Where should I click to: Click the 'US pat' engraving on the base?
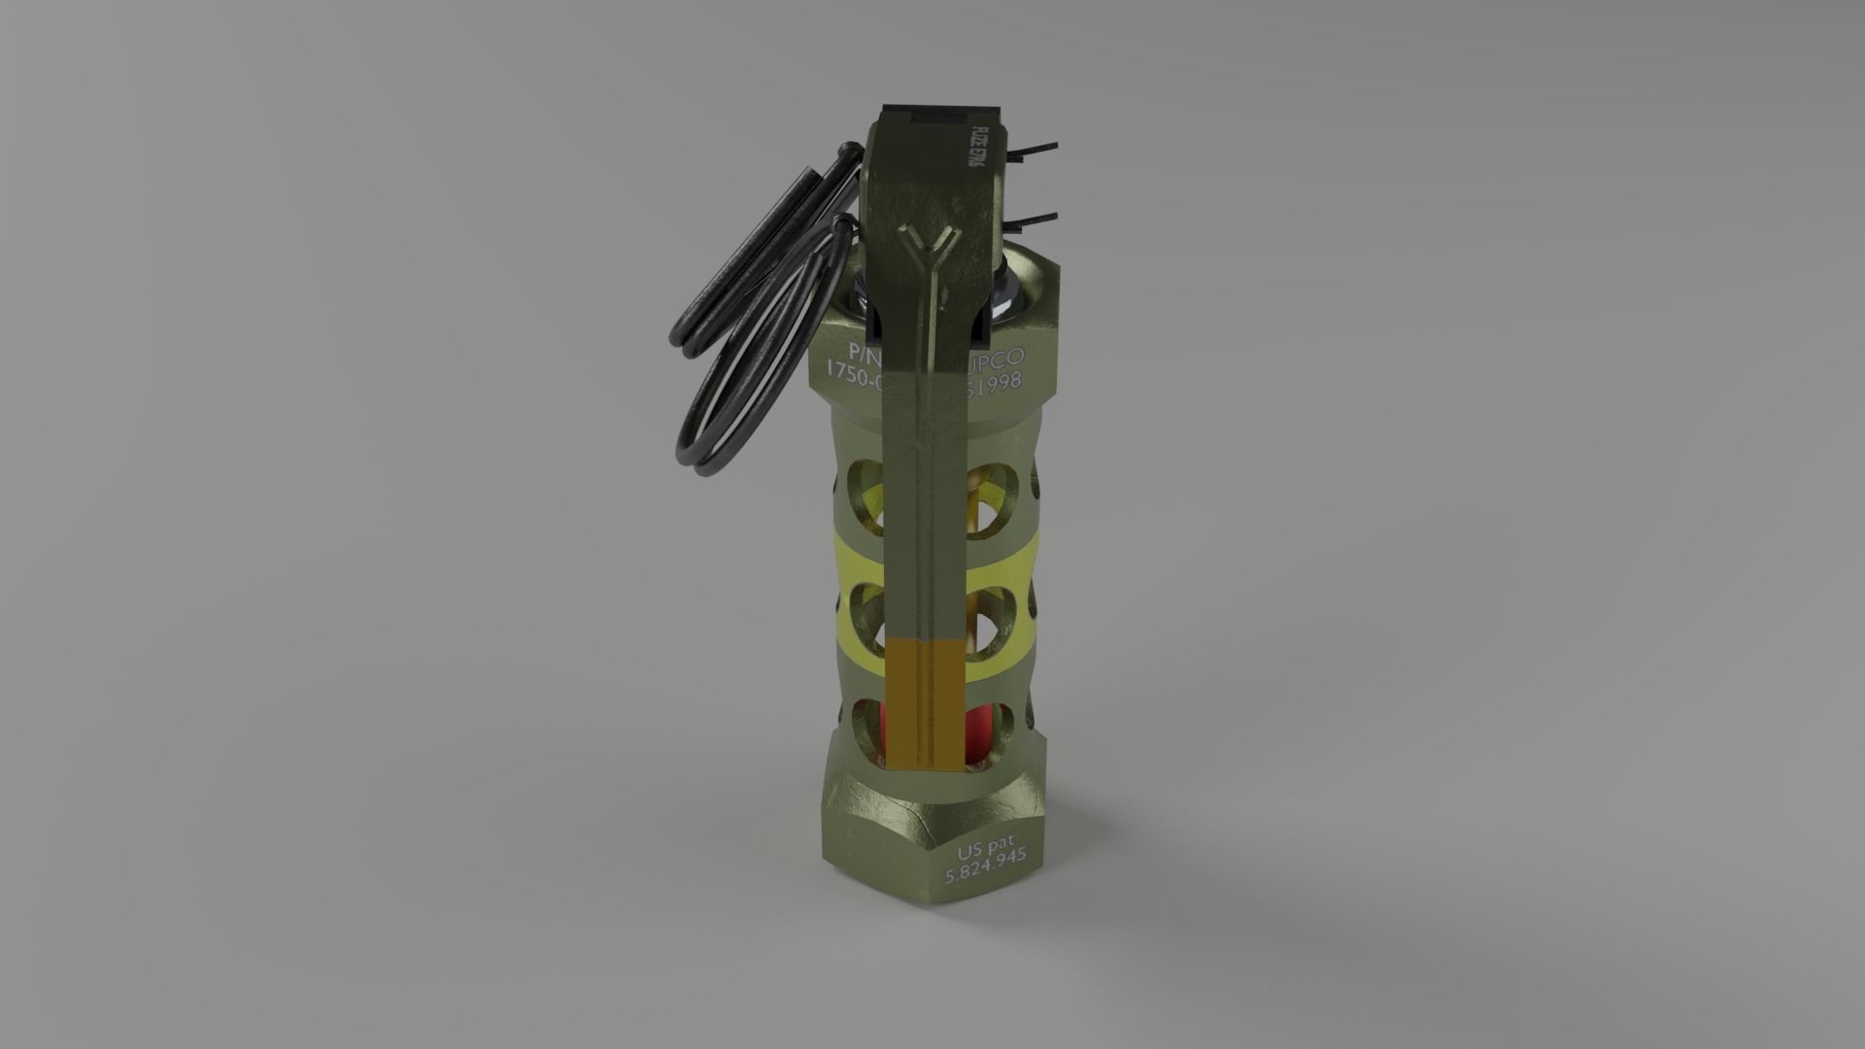985,852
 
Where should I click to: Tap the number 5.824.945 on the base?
987,873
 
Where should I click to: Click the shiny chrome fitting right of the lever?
1006,288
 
